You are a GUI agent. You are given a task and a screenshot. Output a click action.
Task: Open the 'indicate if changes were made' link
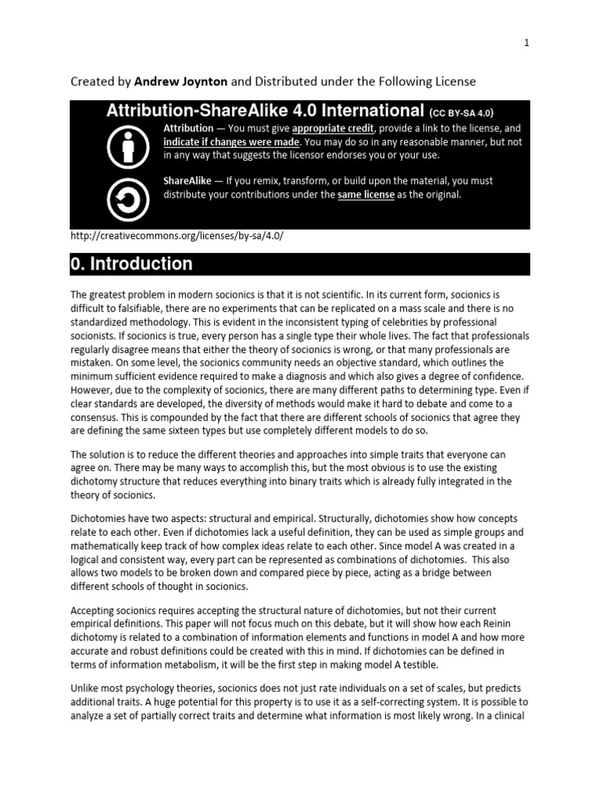point(230,142)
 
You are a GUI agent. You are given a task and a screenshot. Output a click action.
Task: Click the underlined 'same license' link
point(366,195)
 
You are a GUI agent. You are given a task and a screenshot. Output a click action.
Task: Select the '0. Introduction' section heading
point(132,264)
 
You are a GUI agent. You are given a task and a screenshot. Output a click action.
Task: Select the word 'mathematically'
point(107,548)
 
